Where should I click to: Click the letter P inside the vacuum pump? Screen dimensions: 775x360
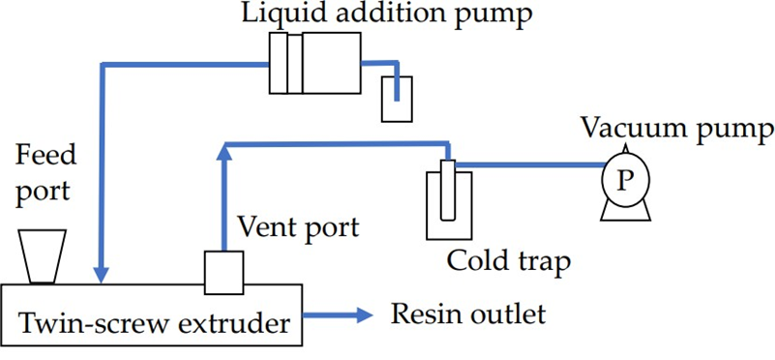point(625,182)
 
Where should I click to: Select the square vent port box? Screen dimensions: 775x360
point(224,273)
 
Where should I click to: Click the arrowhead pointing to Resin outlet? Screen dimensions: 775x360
point(364,314)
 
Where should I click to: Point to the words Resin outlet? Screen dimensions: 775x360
point(468,314)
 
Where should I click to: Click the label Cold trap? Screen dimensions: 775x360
point(509,260)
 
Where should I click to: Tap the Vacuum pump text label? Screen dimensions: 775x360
point(677,130)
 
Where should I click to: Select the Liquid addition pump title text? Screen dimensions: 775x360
point(387,14)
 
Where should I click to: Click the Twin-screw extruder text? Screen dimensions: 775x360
point(154,324)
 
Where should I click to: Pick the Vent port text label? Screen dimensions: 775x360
point(299,228)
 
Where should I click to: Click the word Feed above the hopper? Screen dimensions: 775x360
point(46,156)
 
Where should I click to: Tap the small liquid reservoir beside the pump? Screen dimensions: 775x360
point(397,99)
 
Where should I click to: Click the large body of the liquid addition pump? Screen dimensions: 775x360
point(332,63)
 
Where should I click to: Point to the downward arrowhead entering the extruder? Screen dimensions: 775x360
point(102,275)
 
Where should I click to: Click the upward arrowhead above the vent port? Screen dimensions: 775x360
point(224,152)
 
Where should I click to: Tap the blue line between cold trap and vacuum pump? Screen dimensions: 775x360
point(528,165)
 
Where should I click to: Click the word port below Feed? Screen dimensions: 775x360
point(43,192)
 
